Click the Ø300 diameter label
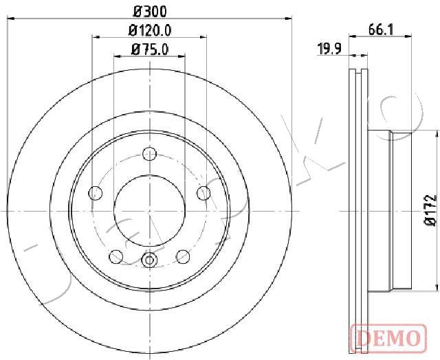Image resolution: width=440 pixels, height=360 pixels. click(150, 12)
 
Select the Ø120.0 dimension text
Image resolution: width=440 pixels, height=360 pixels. click(150, 30)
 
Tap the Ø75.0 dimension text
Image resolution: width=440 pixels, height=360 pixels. click(150, 49)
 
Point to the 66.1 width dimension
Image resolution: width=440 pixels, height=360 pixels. click(381, 30)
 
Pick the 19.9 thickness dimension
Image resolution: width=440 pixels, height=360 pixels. click(329, 49)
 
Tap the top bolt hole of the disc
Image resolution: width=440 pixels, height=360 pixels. click(149, 153)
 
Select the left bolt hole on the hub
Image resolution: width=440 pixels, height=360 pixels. click(95, 193)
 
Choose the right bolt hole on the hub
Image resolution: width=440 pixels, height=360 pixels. click(203, 193)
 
